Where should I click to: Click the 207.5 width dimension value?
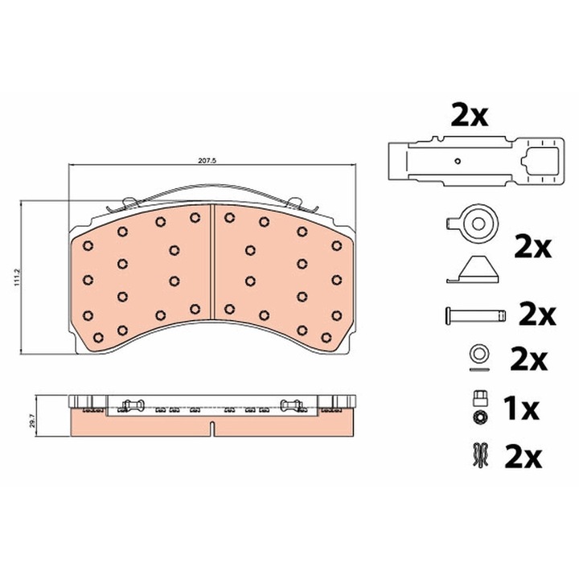point(207,161)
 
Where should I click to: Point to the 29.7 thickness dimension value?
point(33,421)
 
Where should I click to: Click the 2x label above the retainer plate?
point(470,116)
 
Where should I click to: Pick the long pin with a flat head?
point(475,315)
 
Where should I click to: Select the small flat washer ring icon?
point(479,353)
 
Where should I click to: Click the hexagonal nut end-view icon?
point(479,417)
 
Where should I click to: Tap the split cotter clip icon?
point(480,455)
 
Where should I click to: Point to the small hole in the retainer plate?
point(458,161)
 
